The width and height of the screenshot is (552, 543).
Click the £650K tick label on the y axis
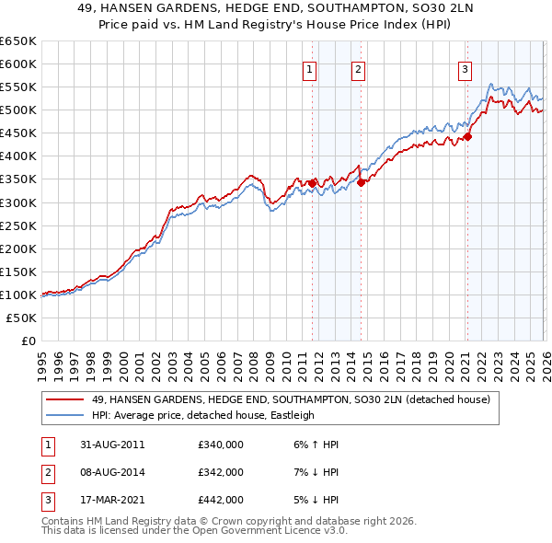pos(17,41)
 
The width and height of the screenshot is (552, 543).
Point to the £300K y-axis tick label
pos(17,202)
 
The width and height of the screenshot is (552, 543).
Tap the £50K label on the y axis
pos(21,318)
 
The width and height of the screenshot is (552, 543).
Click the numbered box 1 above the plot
pos(309,68)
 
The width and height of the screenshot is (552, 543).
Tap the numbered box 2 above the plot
pos(357,68)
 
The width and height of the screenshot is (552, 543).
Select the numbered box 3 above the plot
pos(466,68)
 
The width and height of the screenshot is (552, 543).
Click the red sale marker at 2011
pos(312,183)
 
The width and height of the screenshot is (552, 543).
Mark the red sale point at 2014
pos(361,182)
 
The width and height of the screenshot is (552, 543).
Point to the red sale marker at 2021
pos(467,136)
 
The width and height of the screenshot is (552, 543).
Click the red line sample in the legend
pos(66,400)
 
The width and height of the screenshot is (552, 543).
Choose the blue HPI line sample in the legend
pos(66,415)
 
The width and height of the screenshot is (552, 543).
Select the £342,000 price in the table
pos(221,472)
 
